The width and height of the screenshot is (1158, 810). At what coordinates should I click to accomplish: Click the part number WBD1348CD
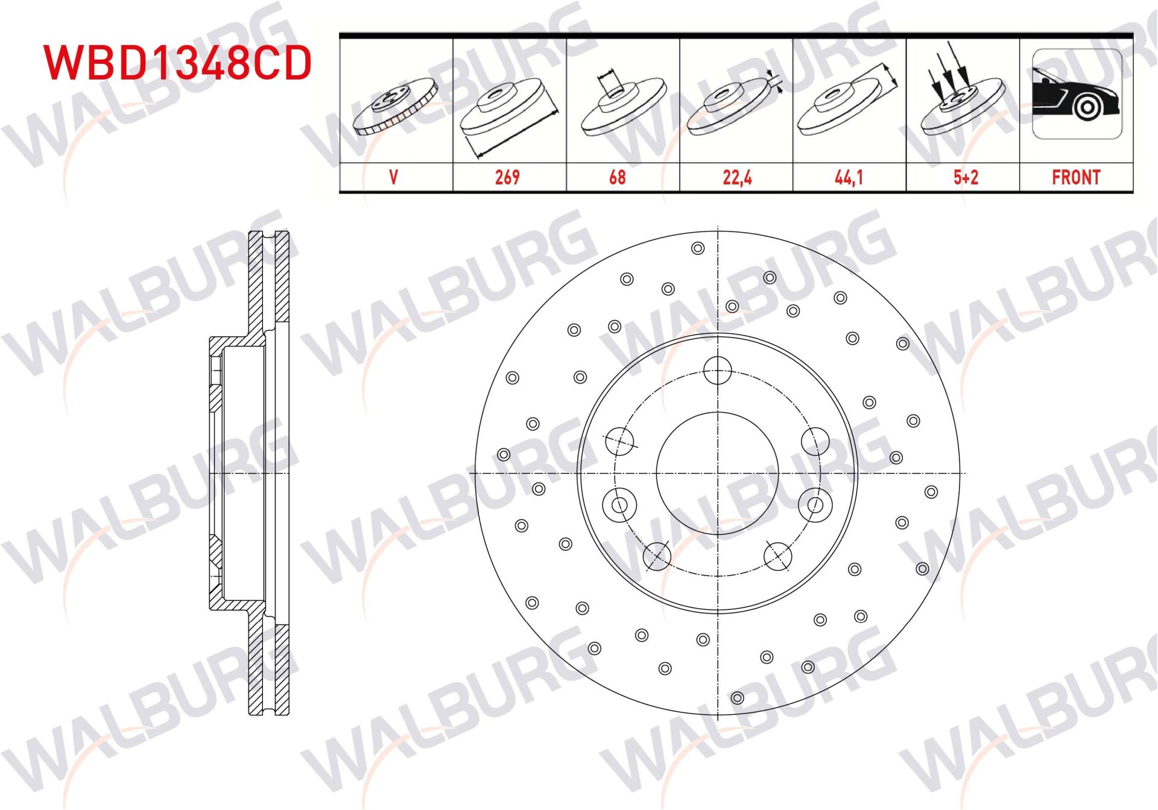point(178,62)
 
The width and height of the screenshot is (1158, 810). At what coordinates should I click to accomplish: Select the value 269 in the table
point(507,177)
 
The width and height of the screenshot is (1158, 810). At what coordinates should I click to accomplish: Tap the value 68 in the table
point(617,177)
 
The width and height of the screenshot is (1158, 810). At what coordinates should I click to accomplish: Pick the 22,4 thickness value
point(737,177)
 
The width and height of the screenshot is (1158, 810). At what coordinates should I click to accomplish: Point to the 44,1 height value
point(849,177)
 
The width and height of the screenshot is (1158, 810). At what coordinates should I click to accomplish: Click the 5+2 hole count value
point(966,177)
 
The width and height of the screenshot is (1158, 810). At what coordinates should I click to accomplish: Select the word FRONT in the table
point(1076,177)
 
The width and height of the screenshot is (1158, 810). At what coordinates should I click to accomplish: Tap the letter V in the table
point(393,177)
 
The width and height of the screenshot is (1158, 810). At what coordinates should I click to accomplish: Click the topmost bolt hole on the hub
point(718,370)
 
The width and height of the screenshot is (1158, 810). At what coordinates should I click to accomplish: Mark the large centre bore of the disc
point(718,473)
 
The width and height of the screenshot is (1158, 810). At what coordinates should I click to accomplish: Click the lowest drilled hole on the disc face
point(737,698)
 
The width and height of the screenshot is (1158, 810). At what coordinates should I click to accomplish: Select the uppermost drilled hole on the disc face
point(698,248)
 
